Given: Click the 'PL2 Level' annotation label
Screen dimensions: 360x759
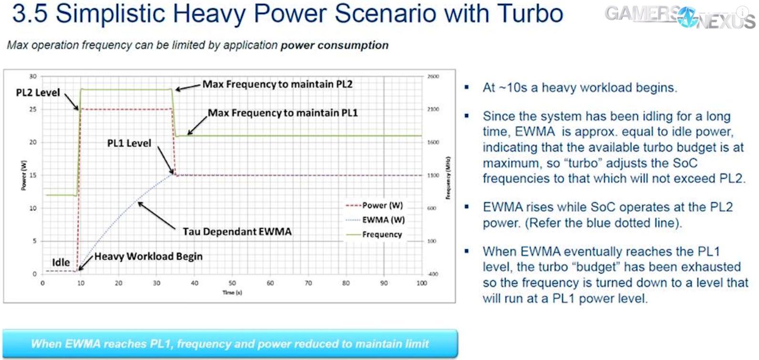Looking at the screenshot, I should point(38,93).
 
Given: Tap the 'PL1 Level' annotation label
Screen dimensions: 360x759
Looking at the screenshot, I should point(129,143).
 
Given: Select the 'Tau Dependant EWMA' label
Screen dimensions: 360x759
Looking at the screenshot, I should point(237,232).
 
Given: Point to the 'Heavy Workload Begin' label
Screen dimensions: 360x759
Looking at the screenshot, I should point(148,257).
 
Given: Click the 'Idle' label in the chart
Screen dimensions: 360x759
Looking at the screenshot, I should point(61,262).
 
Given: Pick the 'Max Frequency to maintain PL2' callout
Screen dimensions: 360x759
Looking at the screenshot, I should point(277,84).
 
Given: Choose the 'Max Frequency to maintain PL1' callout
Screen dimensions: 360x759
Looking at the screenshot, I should point(282,113).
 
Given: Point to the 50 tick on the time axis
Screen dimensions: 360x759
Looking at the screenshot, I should point(232,283).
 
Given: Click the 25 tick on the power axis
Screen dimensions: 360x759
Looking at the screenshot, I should point(33,110).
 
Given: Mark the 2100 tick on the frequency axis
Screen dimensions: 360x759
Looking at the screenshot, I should point(433,110).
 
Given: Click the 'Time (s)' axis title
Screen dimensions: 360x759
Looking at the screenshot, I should point(232,293).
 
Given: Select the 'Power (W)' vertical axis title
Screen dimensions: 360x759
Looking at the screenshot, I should point(23,175).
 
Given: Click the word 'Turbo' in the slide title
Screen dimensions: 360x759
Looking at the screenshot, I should point(530,13).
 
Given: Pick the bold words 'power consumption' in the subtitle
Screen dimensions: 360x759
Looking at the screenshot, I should point(334,45).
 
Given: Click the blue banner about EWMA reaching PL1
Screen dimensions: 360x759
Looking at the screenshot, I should point(230,343).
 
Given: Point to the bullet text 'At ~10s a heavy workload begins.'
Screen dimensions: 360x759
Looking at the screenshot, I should point(580,88).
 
